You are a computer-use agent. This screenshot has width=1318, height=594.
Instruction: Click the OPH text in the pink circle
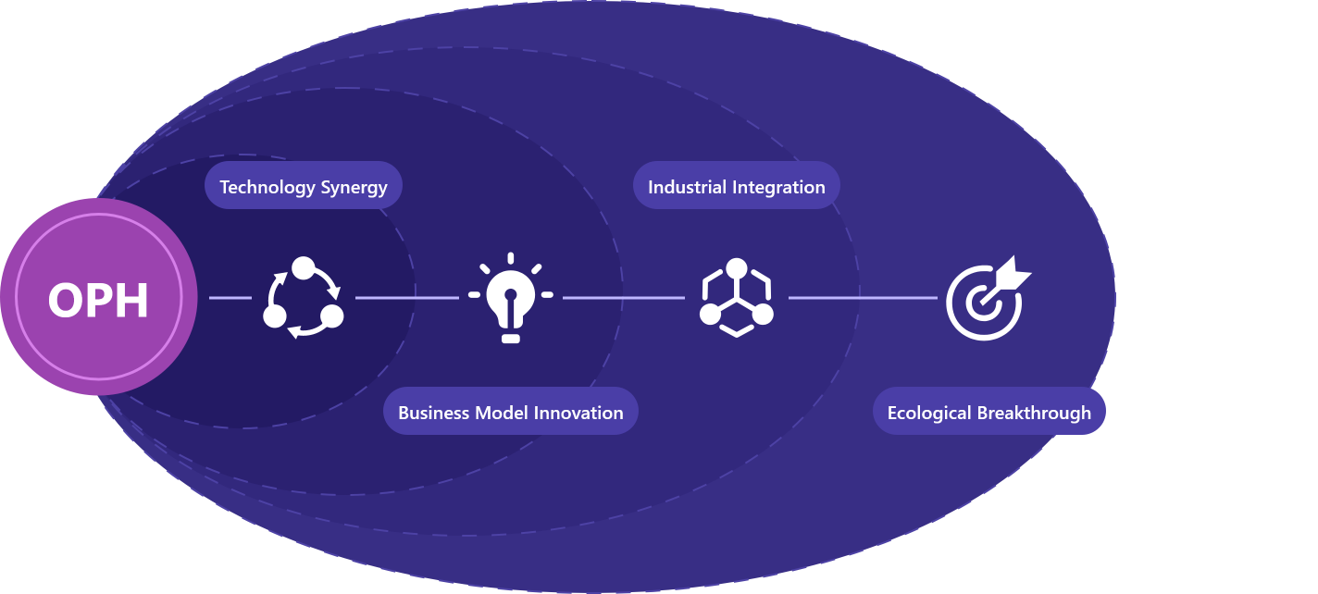[98, 300]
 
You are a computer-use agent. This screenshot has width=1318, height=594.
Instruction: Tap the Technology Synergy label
[303, 186]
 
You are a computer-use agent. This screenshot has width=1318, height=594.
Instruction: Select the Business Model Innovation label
[510, 412]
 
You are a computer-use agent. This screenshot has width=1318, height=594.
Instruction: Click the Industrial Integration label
[736, 186]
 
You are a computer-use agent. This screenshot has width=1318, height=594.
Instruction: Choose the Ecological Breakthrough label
[988, 412]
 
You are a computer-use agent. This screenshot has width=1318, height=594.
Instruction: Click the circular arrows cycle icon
[304, 297]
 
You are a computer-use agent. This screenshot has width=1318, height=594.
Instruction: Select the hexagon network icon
[736, 298]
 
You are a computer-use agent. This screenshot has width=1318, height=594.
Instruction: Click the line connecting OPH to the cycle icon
[230, 298]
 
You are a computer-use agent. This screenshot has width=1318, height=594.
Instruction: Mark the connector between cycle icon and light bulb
[407, 298]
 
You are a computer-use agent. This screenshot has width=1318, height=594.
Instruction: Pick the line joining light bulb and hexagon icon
[623, 298]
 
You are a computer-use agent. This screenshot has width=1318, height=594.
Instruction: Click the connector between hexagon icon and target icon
[863, 298]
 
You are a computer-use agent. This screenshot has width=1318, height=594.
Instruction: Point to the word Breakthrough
[1036, 412]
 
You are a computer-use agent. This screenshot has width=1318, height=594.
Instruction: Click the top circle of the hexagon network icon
[736, 269]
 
